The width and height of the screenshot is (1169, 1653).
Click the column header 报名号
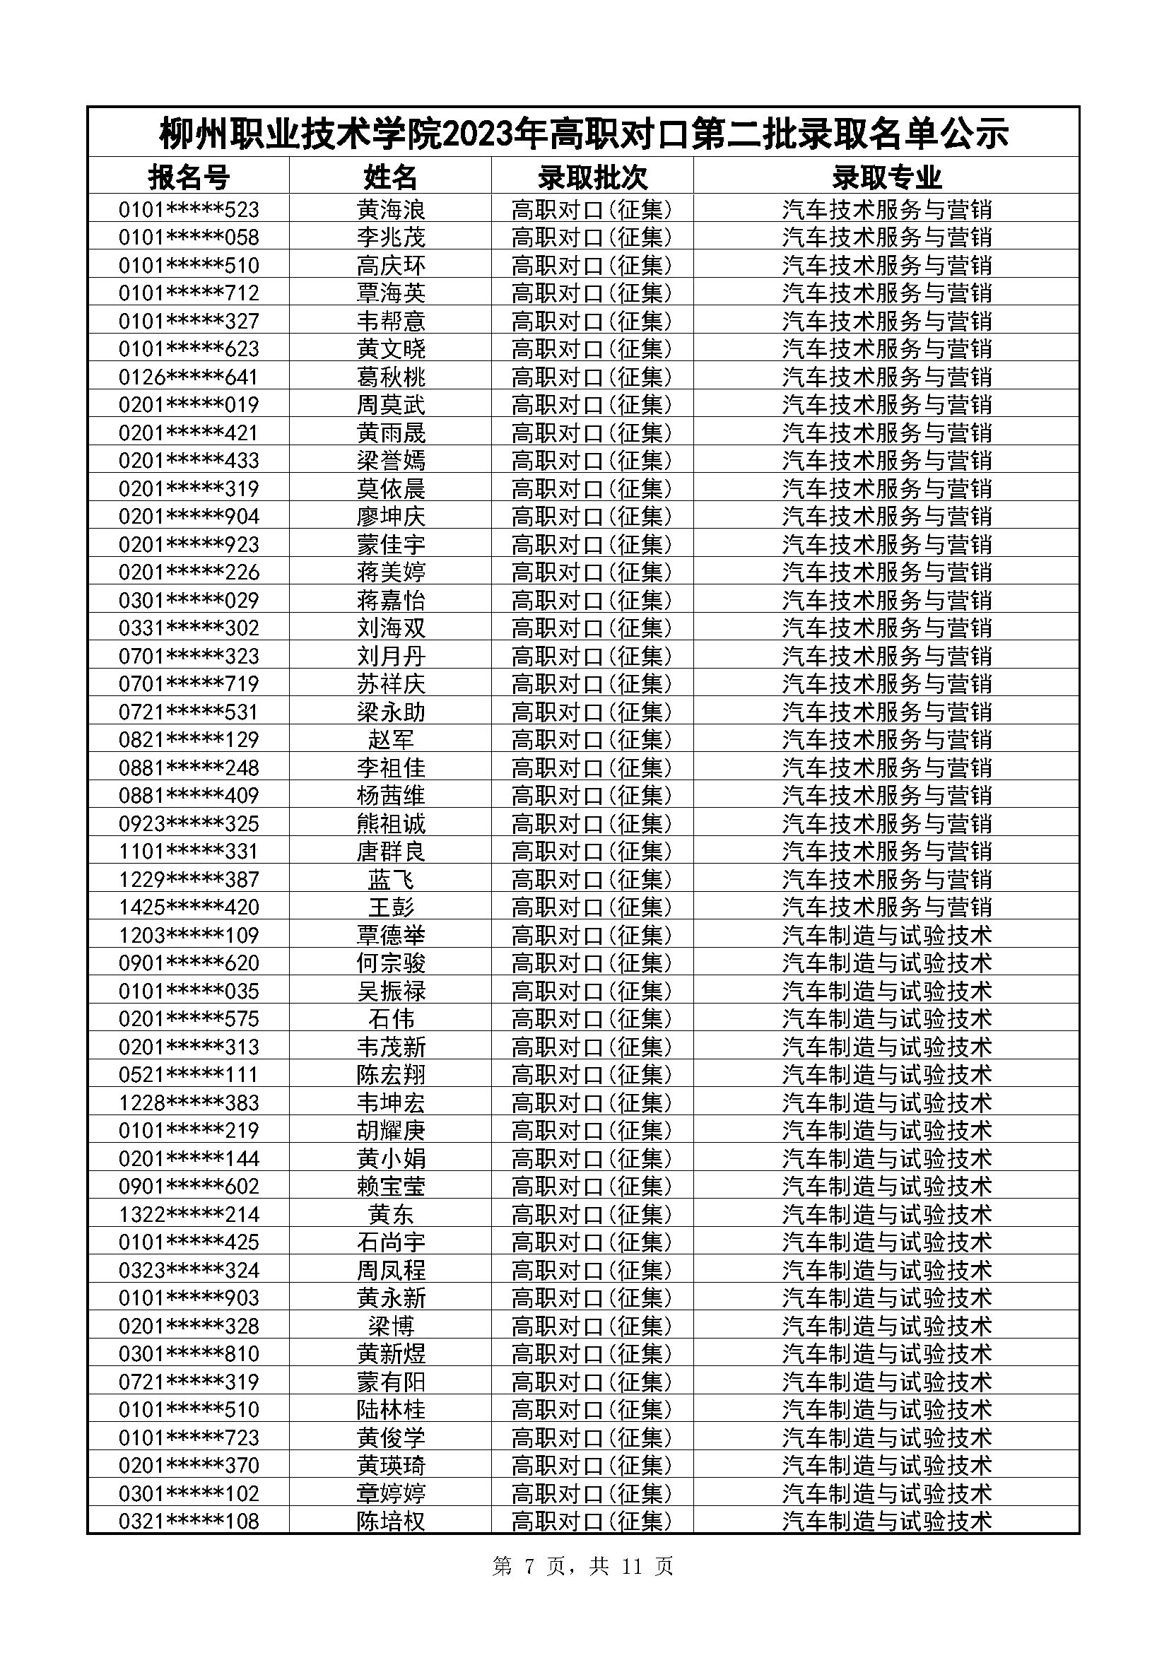coord(189,177)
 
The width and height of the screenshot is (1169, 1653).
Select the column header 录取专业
coord(886,177)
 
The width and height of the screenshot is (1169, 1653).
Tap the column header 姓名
coord(390,177)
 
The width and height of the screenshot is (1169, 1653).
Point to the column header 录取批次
coord(592,177)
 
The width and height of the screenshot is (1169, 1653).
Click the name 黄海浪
coord(390,209)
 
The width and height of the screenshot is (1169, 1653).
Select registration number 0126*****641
coord(189,377)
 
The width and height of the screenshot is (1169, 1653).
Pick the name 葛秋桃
coord(390,377)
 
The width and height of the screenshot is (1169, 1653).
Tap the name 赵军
coord(390,740)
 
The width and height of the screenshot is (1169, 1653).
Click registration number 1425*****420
coord(189,907)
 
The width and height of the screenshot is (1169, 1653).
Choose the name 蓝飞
coord(390,880)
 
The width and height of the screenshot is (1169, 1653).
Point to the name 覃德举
coord(390,935)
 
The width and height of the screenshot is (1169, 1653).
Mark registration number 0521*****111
coord(189,1075)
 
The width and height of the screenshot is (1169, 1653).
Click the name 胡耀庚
coord(390,1130)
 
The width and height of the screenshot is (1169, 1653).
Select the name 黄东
coord(390,1215)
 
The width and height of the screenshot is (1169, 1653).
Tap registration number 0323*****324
coord(189,1270)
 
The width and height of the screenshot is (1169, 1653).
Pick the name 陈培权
coord(390,1522)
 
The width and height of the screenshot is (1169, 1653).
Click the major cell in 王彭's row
coord(886,907)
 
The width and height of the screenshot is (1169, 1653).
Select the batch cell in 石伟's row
coord(592,1020)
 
